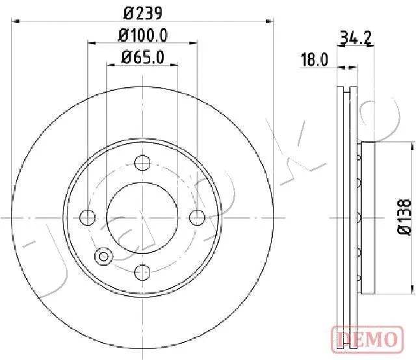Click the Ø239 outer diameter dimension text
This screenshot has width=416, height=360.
[x=143, y=13]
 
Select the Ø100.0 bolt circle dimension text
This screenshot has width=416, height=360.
[x=143, y=36]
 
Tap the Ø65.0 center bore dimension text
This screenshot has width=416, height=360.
[x=143, y=57]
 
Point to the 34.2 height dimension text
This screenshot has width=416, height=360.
[x=356, y=38]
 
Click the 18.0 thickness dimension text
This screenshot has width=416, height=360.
[x=315, y=60]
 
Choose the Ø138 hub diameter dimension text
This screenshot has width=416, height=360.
[x=404, y=218]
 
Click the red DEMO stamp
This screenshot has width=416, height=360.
[x=367, y=340]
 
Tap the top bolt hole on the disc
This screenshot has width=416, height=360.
[x=142, y=162]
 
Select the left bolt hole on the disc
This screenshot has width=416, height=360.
[x=87, y=218]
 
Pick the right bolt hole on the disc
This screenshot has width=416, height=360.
[x=198, y=218]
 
